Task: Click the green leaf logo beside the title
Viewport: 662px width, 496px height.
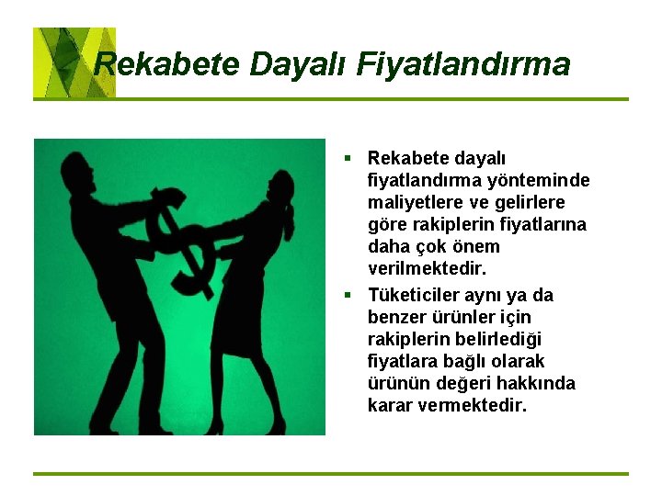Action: click(x=74, y=62)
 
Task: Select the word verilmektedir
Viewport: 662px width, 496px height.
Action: click(x=427, y=269)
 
